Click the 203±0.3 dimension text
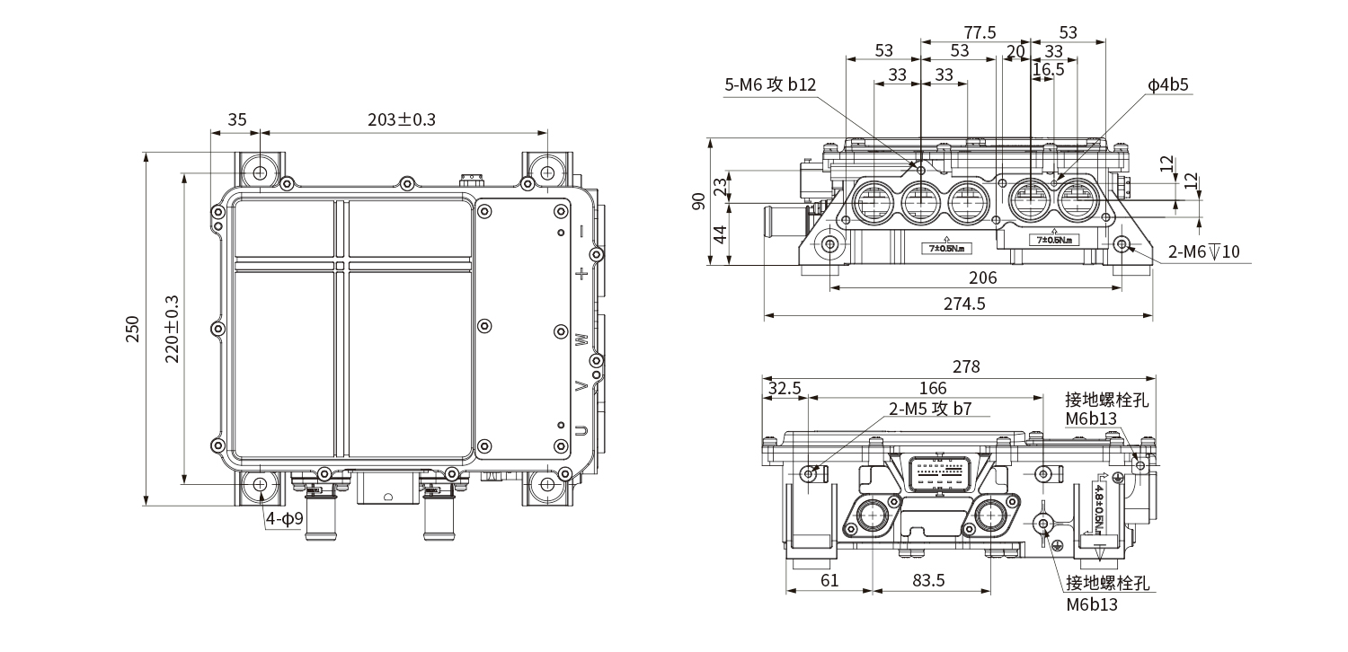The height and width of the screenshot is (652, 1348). point(402,119)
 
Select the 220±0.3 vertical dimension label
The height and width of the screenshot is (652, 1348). point(173,329)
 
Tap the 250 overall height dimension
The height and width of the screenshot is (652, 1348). point(132,329)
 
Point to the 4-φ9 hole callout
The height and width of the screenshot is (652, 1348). point(283,518)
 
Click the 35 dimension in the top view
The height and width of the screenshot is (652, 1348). point(236,119)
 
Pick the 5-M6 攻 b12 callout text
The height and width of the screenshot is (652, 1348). point(770,85)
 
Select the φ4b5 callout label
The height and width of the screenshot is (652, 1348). point(1167,85)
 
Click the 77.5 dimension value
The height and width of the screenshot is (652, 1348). point(979,32)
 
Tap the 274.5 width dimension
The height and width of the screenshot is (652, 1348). point(964,304)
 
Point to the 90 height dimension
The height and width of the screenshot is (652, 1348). point(700,201)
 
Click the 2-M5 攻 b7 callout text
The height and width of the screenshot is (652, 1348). point(930,409)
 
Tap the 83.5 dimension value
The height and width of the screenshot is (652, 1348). point(927,580)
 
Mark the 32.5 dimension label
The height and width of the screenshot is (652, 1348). point(785,389)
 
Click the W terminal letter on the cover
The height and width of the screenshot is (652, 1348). point(582,339)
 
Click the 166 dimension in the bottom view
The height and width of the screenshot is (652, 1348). point(934,389)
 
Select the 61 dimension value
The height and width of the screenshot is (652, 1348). point(829,580)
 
